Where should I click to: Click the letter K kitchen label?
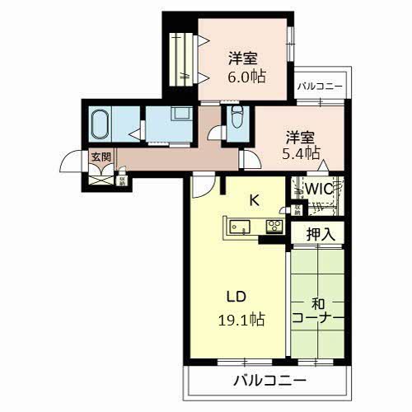click(x=255, y=198)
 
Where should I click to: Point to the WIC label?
click(x=319, y=189)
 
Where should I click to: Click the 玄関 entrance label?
click(x=101, y=157)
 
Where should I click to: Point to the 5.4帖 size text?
click(x=302, y=154)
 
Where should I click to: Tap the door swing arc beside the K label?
click(x=200, y=188)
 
